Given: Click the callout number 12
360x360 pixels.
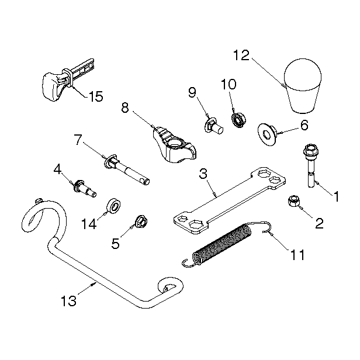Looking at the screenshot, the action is [241, 56].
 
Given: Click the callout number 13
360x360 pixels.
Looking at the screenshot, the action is [68, 301].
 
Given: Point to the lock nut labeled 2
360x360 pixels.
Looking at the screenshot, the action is [294, 201].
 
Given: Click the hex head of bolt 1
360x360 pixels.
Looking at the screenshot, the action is [311, 150].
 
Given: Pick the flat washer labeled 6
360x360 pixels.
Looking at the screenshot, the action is [268, 134].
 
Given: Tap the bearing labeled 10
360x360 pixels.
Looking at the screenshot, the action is [238, 119].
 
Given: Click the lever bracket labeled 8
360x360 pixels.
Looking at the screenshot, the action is [175, 145].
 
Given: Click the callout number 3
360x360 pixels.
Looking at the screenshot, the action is [203, 174].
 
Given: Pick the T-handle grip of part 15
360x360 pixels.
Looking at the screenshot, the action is [54, 86].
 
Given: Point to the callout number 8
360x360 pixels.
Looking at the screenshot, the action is [125, 108].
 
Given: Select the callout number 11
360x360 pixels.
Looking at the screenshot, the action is [297, 255].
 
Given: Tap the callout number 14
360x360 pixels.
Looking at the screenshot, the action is [89, 224].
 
